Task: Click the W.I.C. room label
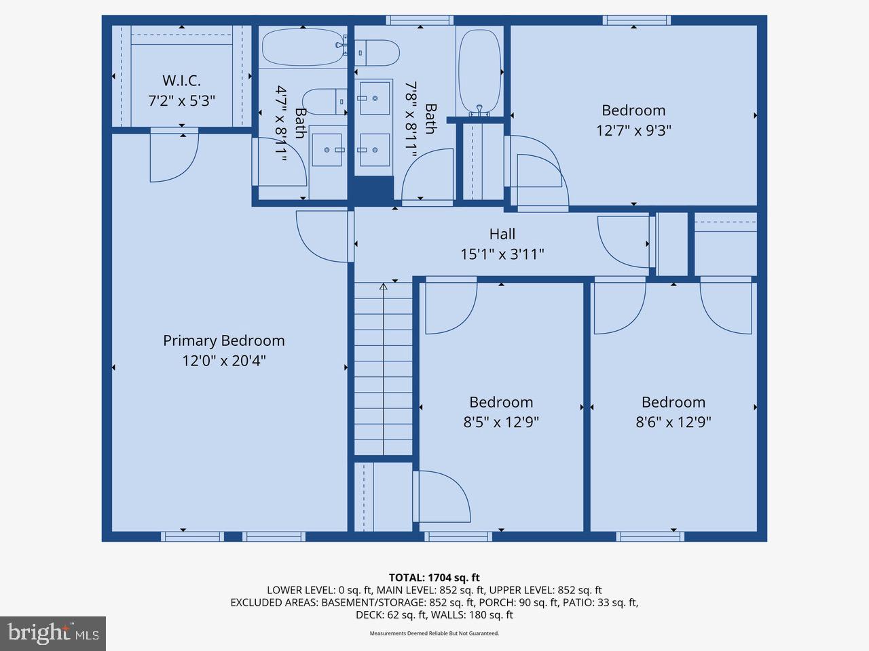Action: [181, 81]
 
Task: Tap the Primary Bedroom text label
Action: [223, 340]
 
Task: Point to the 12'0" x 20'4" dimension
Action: [223, 361]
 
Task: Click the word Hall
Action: [502, 234]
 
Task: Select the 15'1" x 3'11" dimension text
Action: [502, 254]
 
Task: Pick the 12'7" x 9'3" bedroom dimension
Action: [633, 130]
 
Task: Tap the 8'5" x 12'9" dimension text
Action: [501, 422]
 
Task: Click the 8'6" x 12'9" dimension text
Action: [673, 422]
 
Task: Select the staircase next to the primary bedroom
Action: [383, 370]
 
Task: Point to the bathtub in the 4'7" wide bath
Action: [302, 47]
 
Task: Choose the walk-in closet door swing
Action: [173, 156]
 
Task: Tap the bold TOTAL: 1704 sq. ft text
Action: [434, 578]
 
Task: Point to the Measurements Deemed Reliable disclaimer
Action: [434, 633]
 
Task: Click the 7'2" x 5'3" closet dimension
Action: [181, 101]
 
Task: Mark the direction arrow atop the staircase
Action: [383, 287]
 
